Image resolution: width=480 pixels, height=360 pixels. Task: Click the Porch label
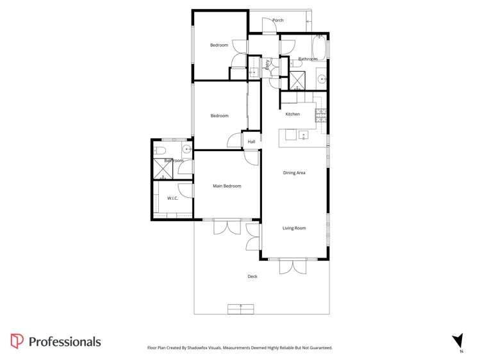277,20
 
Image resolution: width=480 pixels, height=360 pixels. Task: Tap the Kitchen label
292,114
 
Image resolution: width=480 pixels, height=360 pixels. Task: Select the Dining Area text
294,173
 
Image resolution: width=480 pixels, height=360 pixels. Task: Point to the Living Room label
294,228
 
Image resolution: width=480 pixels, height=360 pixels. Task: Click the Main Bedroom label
227,186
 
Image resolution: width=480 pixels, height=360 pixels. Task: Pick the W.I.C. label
172,199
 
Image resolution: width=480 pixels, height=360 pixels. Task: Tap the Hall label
251,142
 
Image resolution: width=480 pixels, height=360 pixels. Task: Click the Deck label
252,277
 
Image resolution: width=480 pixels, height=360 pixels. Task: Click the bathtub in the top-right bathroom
319,47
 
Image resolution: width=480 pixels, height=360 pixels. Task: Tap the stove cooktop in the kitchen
321,115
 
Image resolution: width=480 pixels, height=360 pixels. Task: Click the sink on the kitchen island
303,135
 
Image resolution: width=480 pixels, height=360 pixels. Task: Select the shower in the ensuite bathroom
162,168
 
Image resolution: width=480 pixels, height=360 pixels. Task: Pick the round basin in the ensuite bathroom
186,150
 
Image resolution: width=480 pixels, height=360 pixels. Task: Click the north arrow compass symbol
458,341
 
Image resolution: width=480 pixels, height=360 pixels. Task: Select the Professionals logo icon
17,341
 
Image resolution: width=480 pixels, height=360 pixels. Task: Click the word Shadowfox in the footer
208,348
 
